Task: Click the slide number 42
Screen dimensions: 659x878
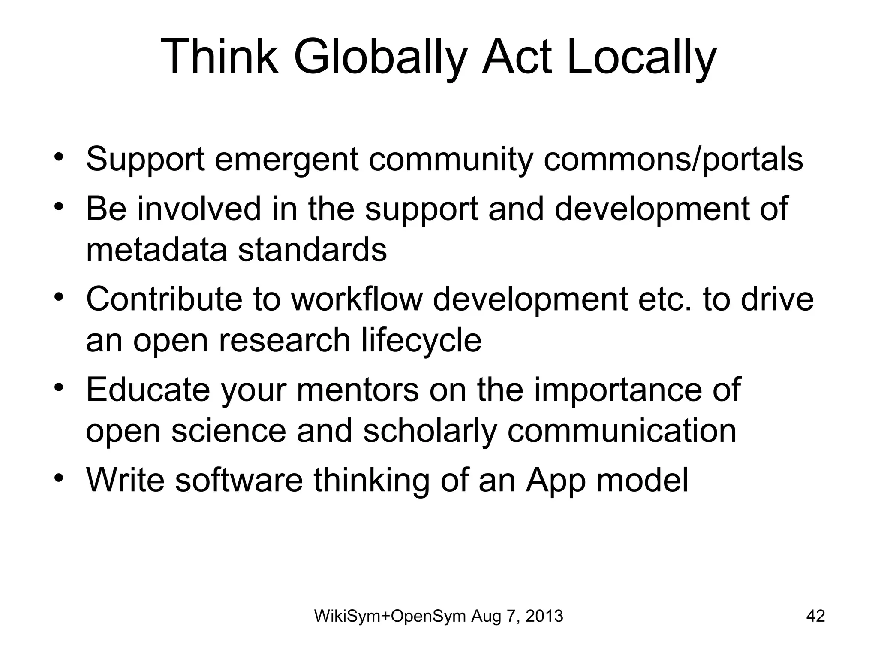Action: click(x=815, y=616)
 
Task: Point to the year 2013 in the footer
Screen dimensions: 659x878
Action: click(x=544, y=616)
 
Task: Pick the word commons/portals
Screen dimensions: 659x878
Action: click(x=673, y=160)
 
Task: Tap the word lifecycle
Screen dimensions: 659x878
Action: click(x=421, y=341)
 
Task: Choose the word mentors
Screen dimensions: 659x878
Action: click(x=357, y=390)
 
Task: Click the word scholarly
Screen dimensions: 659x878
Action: click(x=430, y=432)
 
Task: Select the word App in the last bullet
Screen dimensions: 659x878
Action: click(x=556, y=481)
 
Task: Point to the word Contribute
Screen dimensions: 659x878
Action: click(x=164, y=299)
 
